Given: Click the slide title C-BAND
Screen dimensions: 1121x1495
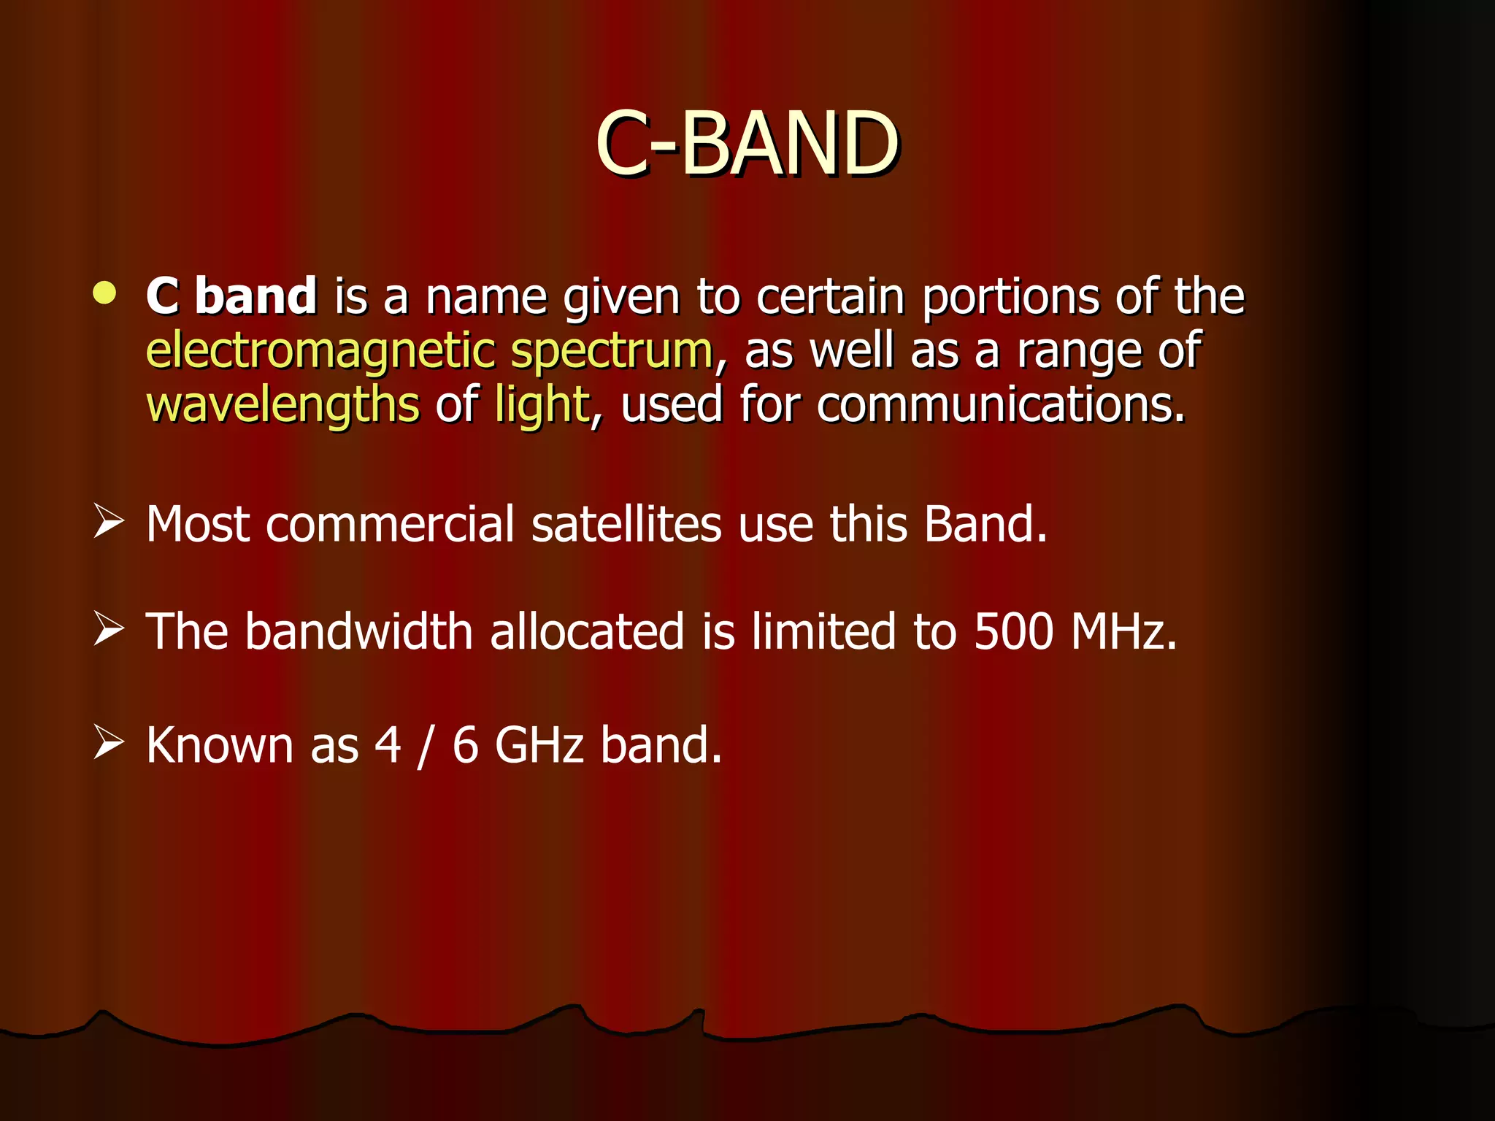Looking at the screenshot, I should pos(747,144).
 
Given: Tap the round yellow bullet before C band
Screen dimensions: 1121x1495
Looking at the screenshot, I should pos(105,293).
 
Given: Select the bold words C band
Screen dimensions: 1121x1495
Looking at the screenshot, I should pos(231,296).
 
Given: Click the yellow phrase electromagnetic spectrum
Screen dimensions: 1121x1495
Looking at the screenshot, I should pos(429,351).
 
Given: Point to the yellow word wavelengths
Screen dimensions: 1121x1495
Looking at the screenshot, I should pos(283,405).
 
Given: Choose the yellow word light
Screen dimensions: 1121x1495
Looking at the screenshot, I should pos(542,405).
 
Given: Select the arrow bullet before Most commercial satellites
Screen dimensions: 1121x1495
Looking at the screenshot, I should pos(108,523).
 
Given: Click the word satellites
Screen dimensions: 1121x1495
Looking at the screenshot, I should pos(626,524).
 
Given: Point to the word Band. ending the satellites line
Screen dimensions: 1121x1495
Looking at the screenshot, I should pos(985,524).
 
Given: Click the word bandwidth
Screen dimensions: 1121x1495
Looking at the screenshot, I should pos(358,631).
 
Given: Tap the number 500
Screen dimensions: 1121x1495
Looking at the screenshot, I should pos(1013,631).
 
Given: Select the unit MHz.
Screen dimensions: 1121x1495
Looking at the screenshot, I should pos(1123,631).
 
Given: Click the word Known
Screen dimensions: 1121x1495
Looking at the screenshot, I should pos(219,744).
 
